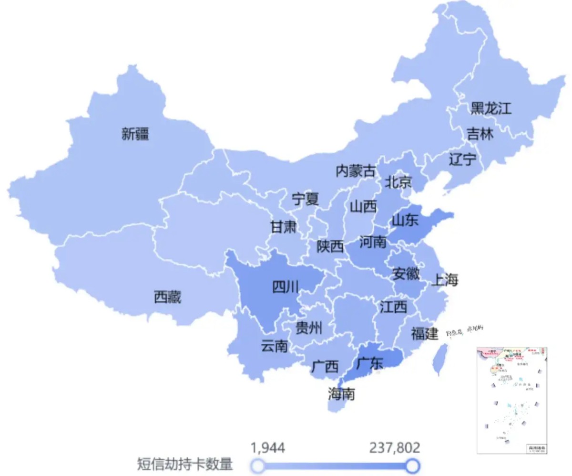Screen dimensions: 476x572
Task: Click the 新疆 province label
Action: coord(135,134)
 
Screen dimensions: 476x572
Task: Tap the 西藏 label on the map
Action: coord(167,297)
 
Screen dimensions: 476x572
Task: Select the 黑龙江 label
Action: coord(490,108)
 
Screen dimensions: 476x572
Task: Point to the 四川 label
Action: coord(286,287)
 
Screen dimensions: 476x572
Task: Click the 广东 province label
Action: coord(369,363)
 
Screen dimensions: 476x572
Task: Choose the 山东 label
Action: coord(405,220)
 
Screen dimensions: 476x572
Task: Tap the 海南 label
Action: coord(341,394)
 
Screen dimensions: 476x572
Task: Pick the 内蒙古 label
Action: coord(356,171)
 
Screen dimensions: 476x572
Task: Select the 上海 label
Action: coord(444,280)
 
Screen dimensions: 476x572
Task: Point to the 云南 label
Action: coord(275,346)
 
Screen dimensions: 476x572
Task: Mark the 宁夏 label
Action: coord(306,199)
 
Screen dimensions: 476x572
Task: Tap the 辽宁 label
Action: coord(462,159)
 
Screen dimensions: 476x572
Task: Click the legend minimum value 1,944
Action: coord(268,448)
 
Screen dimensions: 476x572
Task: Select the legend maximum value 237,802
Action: coord(395,448)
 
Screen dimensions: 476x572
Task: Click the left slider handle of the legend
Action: coord(258,465)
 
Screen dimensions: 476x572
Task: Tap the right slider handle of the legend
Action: coord(412,465)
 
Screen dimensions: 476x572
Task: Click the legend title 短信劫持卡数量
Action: coord(185,464)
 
